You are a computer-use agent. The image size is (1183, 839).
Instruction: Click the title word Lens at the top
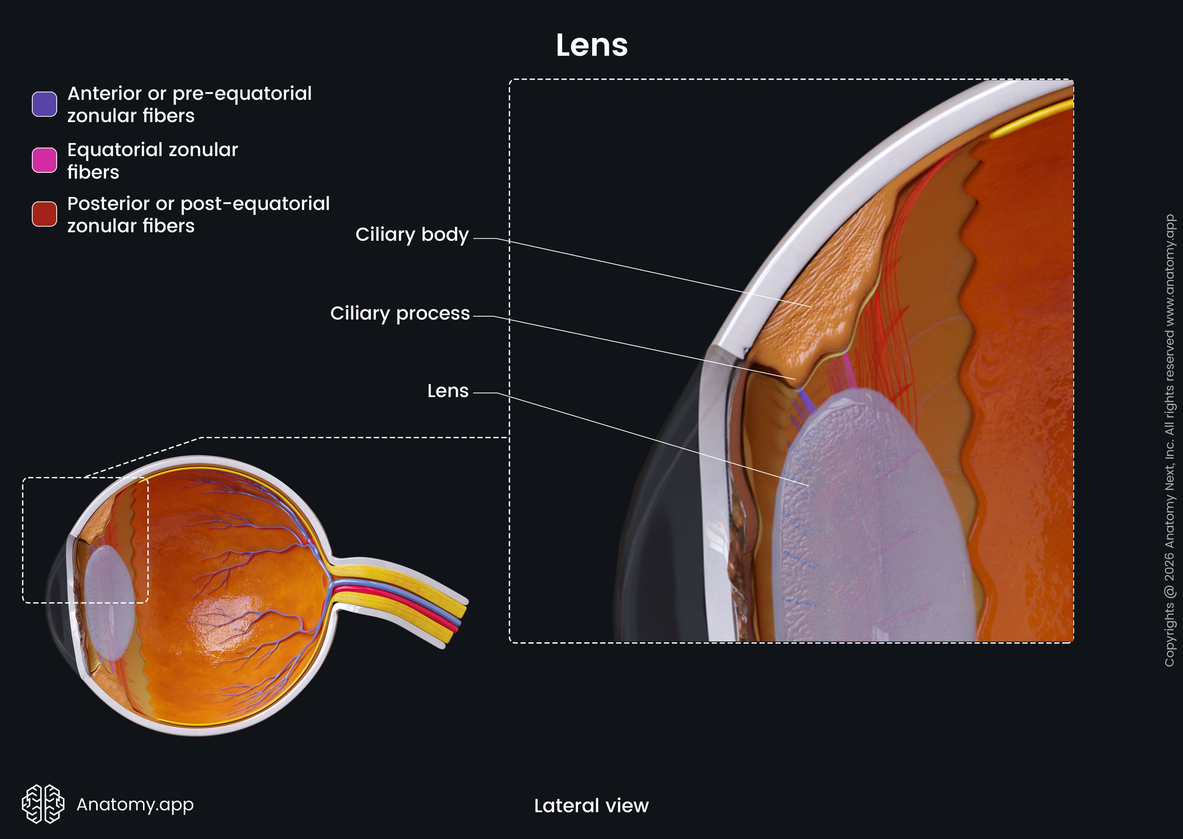(592, 45)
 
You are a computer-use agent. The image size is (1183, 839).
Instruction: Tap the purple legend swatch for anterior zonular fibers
(44, 104)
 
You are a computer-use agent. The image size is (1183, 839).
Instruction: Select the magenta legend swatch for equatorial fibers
(44, 160)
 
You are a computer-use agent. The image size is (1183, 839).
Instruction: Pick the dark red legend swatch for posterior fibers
(44, 214)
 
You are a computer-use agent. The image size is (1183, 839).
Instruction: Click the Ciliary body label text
(412, 235)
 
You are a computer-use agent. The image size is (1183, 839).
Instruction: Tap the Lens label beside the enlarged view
(448, 391)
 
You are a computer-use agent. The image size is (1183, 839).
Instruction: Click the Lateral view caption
(591, 805)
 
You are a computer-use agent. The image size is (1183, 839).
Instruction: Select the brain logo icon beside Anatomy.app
(43, 804)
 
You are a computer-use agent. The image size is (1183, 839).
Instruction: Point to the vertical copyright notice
(1170, 440)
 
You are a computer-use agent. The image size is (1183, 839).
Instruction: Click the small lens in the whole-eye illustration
(110, 603)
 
